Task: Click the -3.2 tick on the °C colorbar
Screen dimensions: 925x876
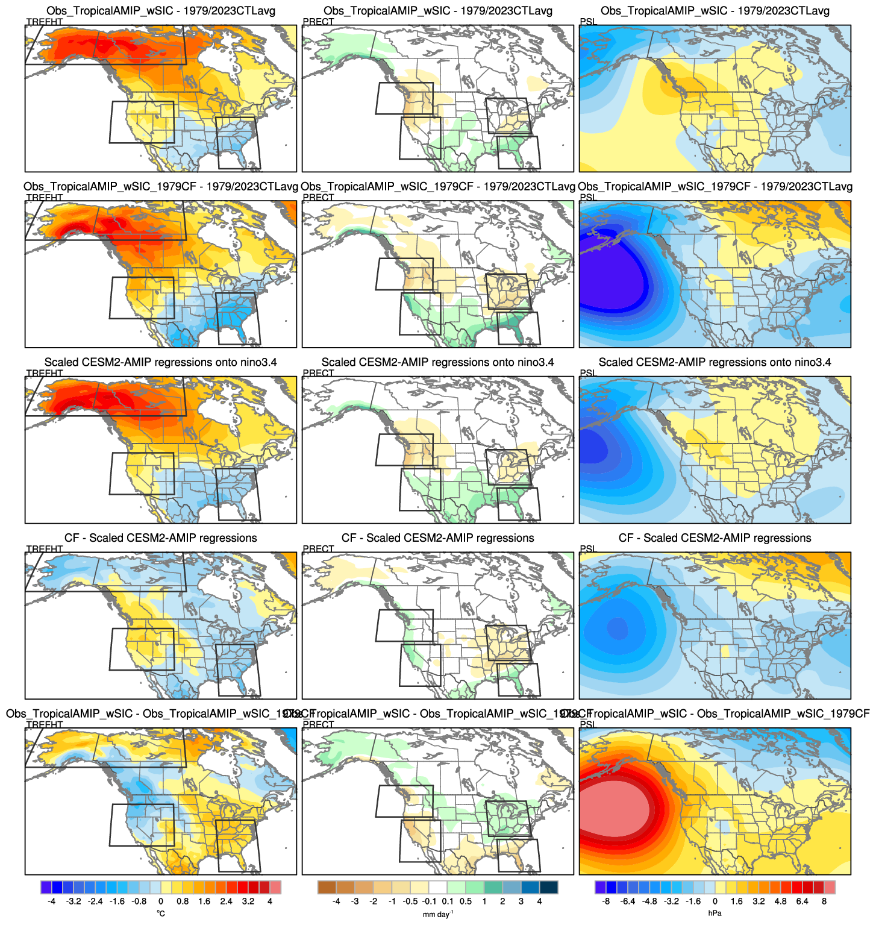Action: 74,901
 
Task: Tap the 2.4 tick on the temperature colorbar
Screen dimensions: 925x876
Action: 226,901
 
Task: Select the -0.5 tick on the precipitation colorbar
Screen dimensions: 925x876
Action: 411,901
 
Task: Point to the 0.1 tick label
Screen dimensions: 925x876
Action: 448,901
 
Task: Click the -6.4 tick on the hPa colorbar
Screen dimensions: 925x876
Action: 628,901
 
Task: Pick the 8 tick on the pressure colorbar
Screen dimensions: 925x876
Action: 824,901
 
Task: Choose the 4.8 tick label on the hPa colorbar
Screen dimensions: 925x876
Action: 780,901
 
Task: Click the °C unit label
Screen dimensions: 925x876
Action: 161,914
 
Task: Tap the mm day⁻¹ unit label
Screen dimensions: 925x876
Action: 438,914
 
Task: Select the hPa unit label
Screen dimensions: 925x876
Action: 715,914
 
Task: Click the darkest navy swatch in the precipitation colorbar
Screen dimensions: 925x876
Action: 548,887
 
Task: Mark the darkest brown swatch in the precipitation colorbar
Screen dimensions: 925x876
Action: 327,887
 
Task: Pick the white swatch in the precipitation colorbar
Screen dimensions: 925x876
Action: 438,887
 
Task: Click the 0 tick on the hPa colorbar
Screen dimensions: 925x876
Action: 715,901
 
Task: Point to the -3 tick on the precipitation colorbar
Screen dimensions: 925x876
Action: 355,901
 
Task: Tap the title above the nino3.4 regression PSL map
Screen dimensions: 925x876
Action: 715,362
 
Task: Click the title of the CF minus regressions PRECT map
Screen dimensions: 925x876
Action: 437,538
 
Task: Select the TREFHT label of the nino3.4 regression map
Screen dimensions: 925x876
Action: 45,373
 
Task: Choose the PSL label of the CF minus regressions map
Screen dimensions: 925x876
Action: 587,549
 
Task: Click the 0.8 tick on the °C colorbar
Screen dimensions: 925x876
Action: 183,901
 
